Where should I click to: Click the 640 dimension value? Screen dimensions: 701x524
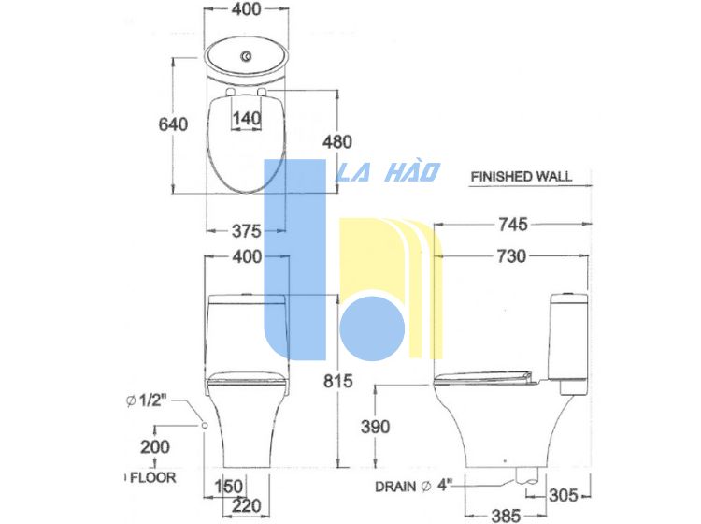tap(173, 124)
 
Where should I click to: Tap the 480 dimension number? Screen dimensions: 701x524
tap(337, 142)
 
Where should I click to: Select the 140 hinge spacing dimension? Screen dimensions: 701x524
tap(247, 119)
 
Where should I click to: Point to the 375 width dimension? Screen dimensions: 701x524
tap(247, 231)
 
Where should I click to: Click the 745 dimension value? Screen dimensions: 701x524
tap(513, 225)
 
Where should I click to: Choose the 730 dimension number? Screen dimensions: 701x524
tap(512, 256)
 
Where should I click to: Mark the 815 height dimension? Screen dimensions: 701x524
tap(338, 381)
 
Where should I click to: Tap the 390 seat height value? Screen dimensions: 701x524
tap(376, 427)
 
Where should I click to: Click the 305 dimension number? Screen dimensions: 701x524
tap(564, 495)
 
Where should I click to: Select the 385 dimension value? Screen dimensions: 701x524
tap(506, 516)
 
